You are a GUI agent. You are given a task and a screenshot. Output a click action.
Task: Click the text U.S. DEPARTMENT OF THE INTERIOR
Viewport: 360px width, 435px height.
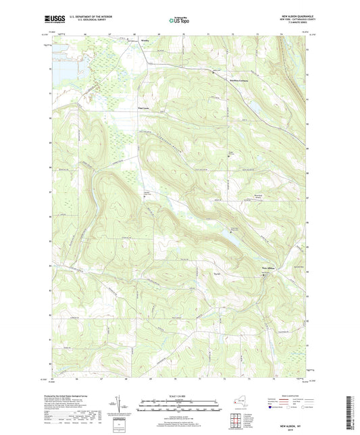click(95, 15)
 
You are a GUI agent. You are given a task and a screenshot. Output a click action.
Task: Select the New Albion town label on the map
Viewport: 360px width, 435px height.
click(270, 267)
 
